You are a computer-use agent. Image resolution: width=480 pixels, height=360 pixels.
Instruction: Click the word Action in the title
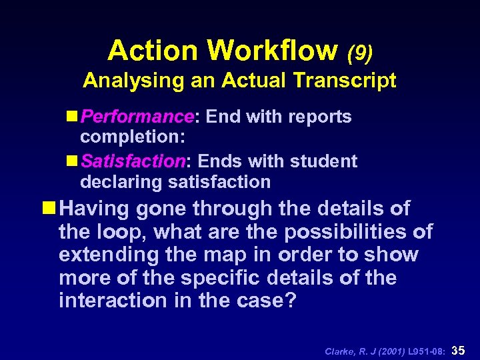(153, 50)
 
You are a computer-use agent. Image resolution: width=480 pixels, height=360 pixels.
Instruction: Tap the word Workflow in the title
(273, 50)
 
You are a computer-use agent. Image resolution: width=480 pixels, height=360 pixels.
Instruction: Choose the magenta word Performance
(137, 117)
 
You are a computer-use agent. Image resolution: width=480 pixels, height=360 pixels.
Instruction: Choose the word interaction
(109, 300)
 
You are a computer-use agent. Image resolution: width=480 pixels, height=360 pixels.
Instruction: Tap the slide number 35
(460, 349)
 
